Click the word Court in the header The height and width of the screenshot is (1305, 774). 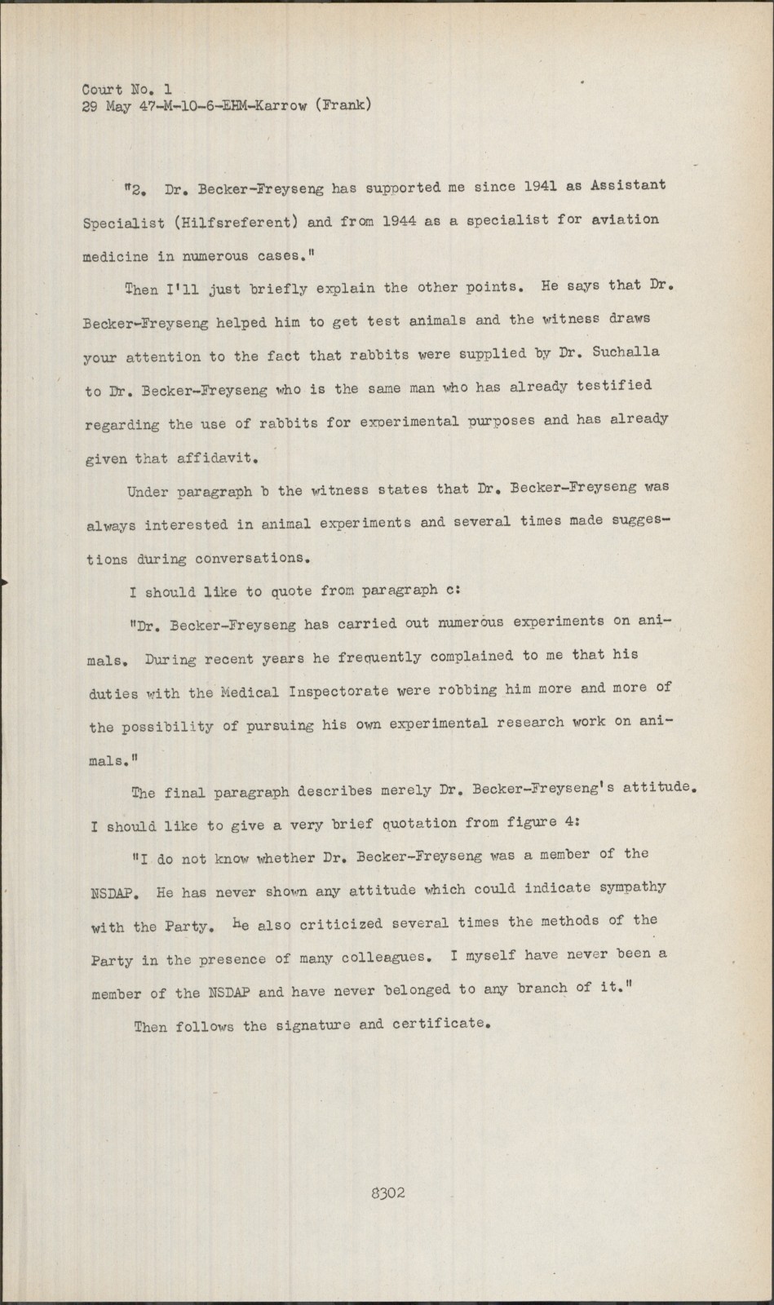(102, 90)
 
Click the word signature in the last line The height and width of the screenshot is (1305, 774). (311, 1024)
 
